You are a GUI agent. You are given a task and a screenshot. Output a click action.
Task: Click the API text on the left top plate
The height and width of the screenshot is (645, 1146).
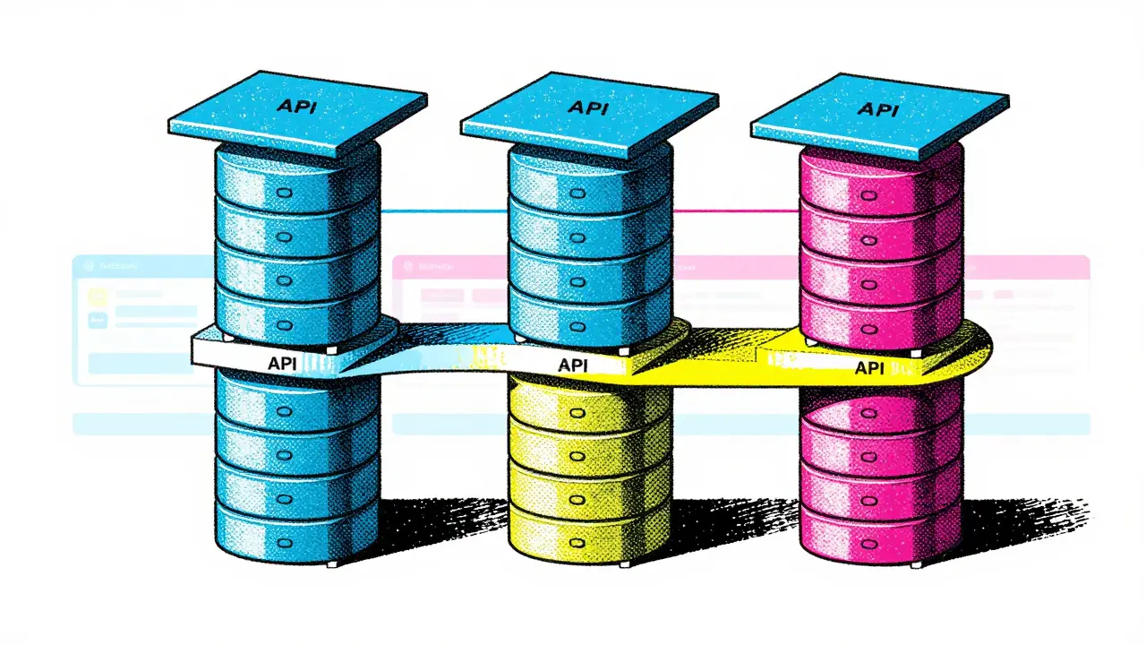tap(295, 105)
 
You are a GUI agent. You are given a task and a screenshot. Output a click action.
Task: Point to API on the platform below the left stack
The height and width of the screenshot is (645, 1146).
tap(286, 365)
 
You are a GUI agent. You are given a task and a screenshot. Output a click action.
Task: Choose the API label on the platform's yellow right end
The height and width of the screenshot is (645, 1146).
tap(871, 367)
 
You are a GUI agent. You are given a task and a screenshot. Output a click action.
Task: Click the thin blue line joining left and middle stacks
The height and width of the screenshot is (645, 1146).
tap(443, 212)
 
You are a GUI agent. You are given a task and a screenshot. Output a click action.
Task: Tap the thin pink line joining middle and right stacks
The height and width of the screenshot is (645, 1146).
tap(734, 212)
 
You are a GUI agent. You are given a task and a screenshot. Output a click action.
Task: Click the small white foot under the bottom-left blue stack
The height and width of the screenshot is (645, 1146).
tap(333, 563)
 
